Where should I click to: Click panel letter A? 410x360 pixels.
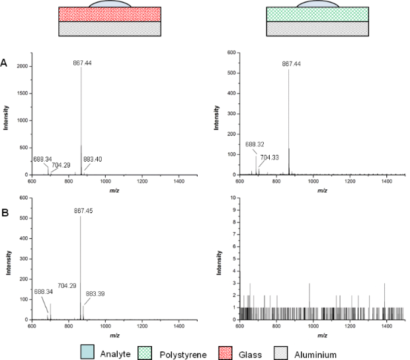click(x=5, y=64)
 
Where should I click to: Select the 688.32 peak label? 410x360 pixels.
click(x=255, y=144)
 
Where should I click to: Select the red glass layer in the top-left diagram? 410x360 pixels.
click(x=110, y=14)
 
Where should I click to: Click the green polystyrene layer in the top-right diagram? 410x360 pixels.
click(x=317, y=14)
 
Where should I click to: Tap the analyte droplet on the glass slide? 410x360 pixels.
click(x=110, y=4)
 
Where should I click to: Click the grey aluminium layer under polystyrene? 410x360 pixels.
click(x=317, y=28)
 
